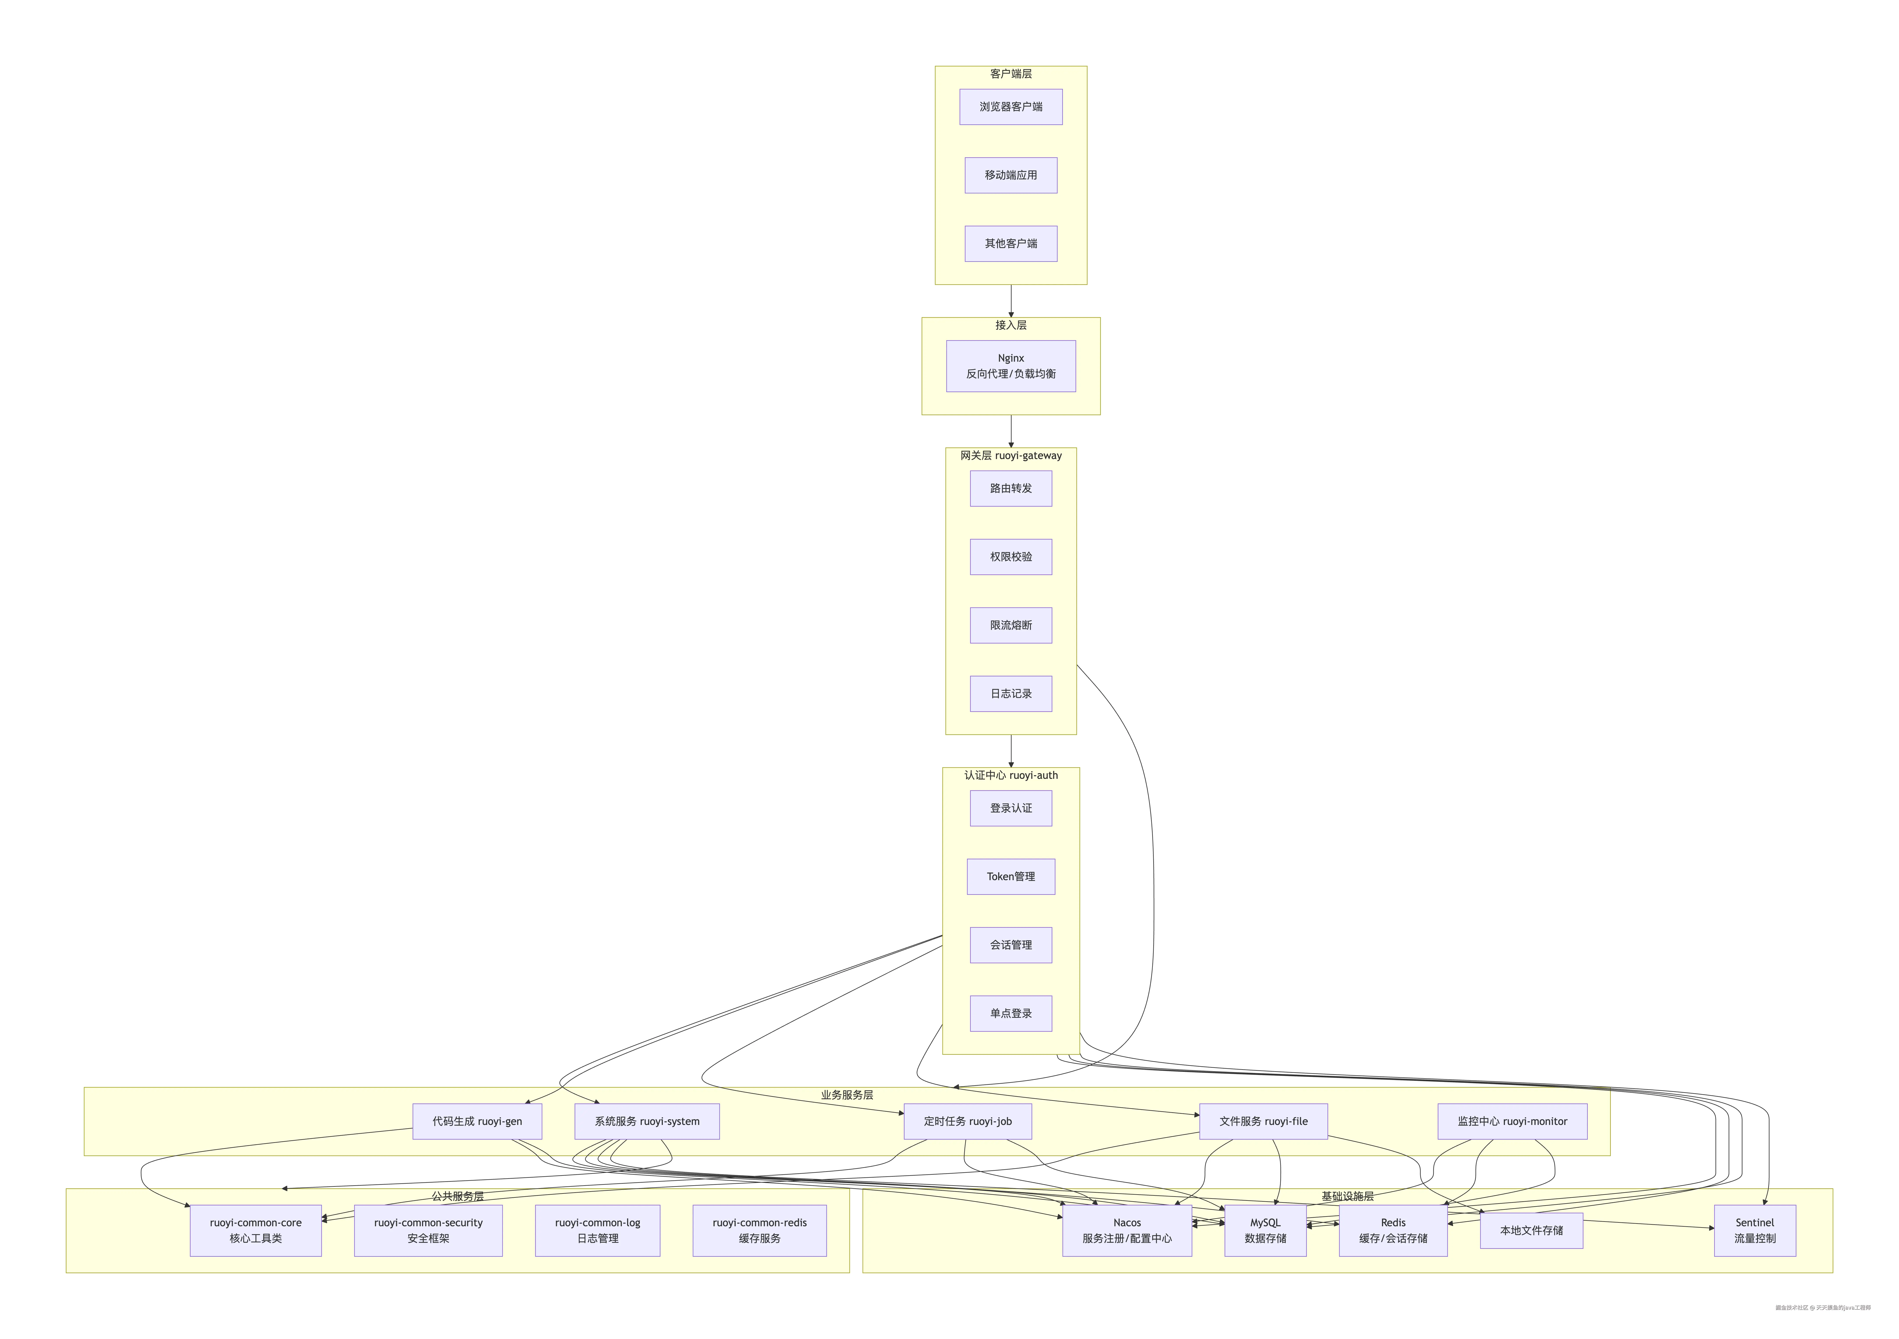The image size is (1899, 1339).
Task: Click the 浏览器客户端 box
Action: coord(1011,107)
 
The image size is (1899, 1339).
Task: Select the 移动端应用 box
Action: coord(1011,175)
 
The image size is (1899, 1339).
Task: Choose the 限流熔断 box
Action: coord(1011,625)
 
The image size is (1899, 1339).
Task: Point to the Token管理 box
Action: coord(1011,877)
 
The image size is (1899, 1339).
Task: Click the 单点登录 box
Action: coord(1011,1013)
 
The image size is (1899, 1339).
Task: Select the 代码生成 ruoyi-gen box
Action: coord(477,1121)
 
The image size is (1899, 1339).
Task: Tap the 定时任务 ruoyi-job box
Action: coord(968,1121)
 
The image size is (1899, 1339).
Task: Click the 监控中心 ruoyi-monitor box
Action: coord(1512,1121)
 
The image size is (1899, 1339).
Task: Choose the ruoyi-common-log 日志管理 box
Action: coord(597,1231)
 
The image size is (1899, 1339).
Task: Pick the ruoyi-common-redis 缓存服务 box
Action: coord(759,1231)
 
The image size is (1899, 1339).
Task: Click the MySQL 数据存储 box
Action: coord(1265,1231)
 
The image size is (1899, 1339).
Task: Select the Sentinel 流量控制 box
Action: coord(1754,1231)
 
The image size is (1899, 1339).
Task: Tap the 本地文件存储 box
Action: coord(1531,1231)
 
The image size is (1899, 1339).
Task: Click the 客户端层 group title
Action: coord(1011,74)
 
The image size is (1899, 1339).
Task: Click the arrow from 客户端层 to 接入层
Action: coord(1011,301)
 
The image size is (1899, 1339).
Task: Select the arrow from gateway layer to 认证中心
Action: coord(1011,751)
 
